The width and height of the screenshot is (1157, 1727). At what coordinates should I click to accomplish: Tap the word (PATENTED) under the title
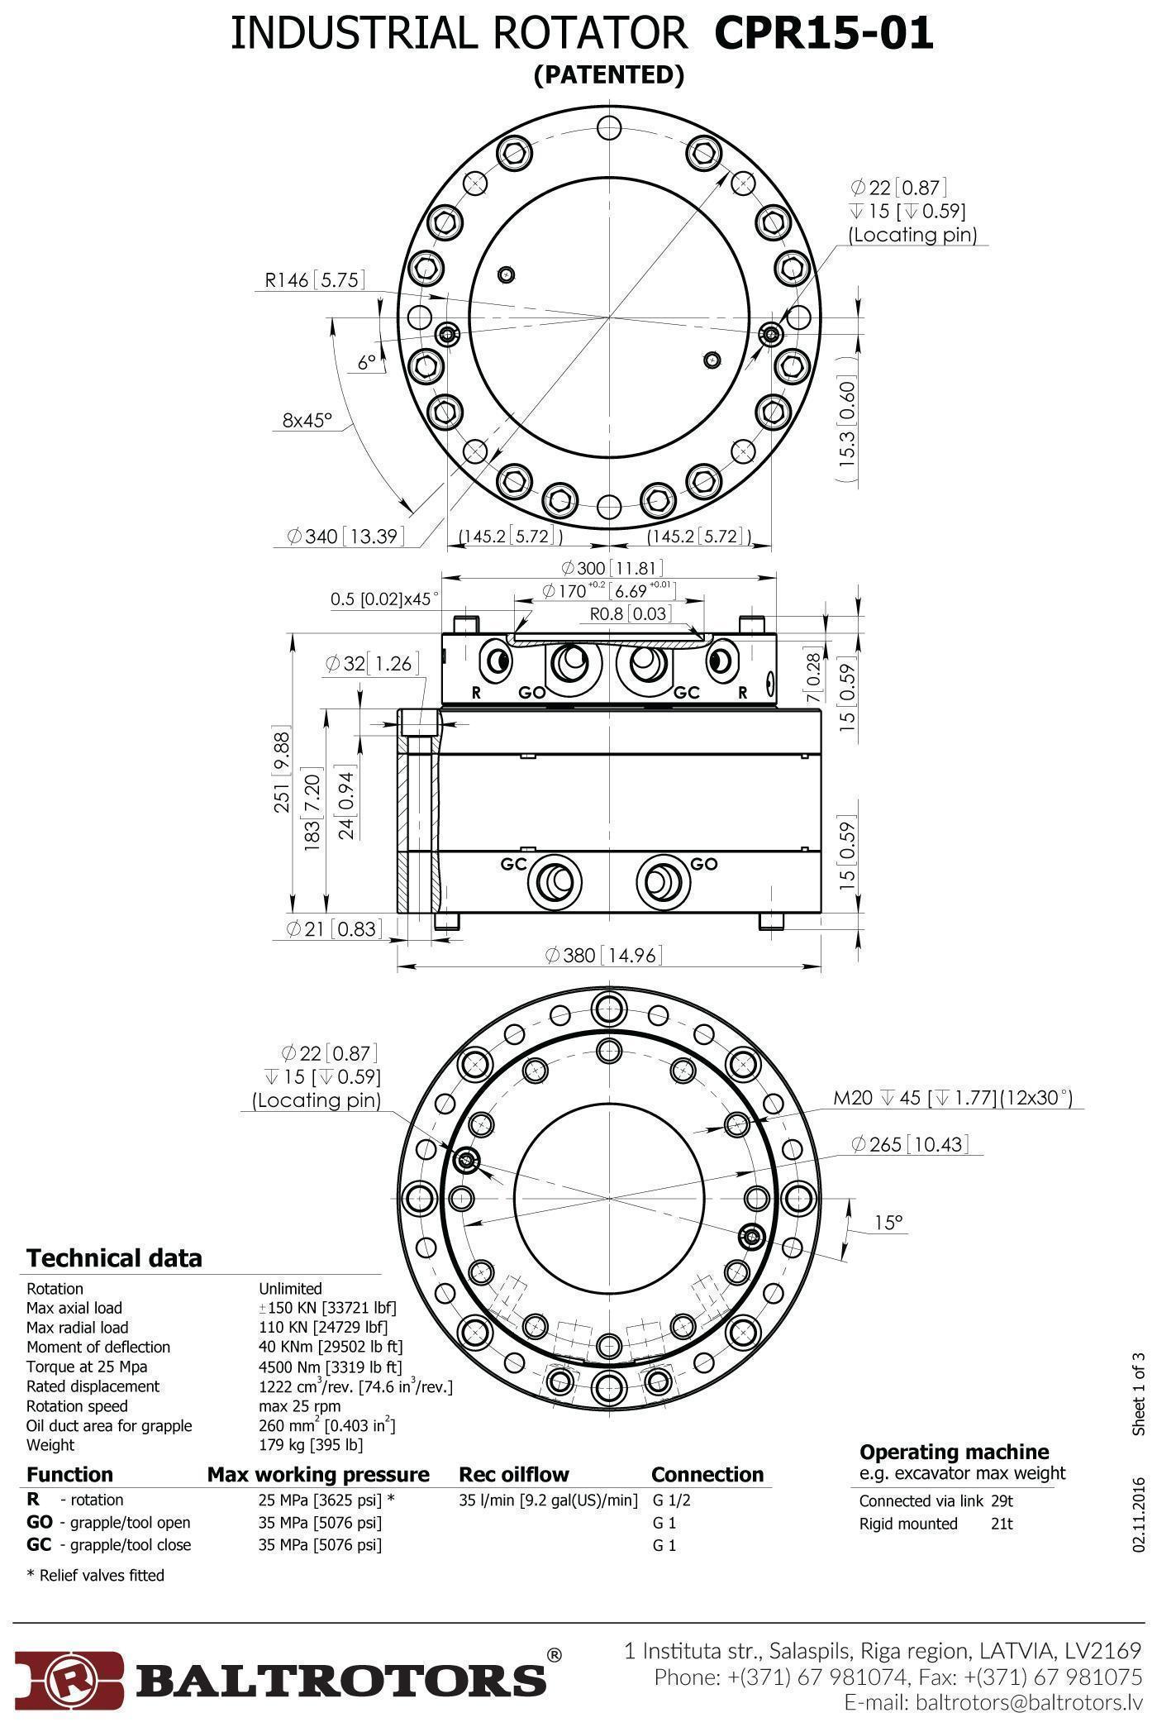tap(609, 75)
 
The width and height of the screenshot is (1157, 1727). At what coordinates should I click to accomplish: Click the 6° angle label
tap(367, 362)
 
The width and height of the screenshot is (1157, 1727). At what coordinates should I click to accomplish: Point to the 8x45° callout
tap(307, 420)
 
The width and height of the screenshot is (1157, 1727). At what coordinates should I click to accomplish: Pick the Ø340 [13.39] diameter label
tap(346, 537)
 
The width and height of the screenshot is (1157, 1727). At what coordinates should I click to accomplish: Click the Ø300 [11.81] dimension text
tap(612, 568)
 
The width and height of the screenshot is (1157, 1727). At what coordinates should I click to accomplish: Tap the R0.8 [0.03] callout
tap(630, 613)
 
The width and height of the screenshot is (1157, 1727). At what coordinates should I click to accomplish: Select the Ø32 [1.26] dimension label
tap(372, 664)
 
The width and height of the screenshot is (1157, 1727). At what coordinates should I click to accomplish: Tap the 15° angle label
tap(888, 1222)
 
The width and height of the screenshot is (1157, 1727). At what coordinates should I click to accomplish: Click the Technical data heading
tap(114, 1258)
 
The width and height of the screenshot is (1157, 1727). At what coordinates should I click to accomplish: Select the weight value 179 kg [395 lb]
tap(311, 1445)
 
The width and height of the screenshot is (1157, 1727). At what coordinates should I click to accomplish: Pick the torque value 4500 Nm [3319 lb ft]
tap(331, 1367)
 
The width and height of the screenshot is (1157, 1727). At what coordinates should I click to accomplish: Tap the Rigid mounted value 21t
tap(1002, 1524)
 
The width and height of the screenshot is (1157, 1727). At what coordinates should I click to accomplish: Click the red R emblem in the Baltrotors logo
tap(69, 1679)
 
